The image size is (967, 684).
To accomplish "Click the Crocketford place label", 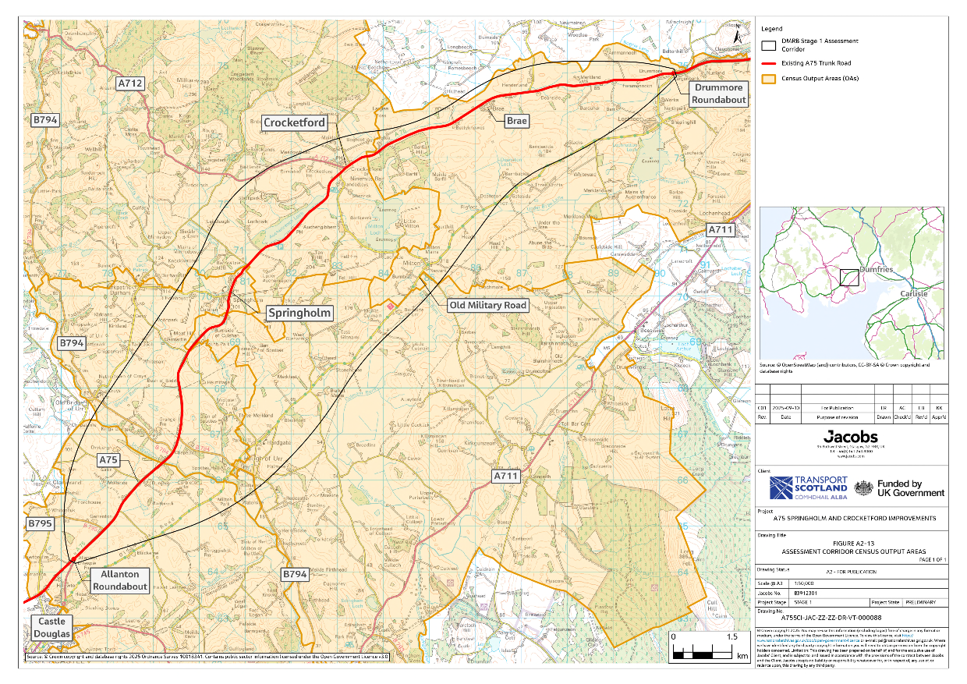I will (x=294, y=122).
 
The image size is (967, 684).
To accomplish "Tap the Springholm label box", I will (x=299, y=313).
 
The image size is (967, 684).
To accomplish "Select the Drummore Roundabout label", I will (x=718, y=94).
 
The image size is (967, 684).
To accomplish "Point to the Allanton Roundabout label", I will (x=119, y=580).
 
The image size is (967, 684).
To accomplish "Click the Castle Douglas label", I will (x=51, y=627).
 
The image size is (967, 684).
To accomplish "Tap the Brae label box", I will (x=517, y=121).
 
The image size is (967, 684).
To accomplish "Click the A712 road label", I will (x=130, y=83).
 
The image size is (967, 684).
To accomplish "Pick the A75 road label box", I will (x=108, y=460).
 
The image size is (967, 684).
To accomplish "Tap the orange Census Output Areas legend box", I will (x=770, y=78).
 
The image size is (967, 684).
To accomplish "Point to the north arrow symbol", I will (x=738, y=34).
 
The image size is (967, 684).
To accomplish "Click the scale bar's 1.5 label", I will (x=731, y=637).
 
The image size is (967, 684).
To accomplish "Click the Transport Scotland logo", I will (x=809, y=487).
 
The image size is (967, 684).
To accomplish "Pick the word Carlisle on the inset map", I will (x=914, y=293).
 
